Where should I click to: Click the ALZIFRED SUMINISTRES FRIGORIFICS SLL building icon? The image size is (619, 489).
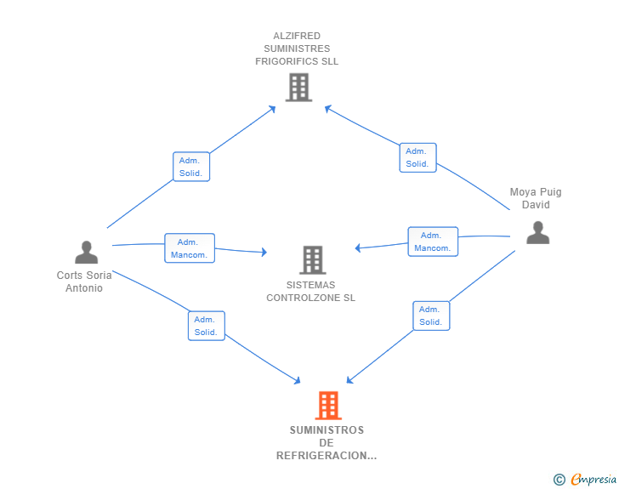(298, 88)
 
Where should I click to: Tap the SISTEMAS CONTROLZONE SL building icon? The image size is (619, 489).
(313, 260)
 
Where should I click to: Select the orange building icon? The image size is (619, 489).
(328, 406)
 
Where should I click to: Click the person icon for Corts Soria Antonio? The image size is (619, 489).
(87, 252)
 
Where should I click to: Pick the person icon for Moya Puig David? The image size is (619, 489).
(537, 233)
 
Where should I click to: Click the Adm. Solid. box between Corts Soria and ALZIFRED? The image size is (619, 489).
(191, 167)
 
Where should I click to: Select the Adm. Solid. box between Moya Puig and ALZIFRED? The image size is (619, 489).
(417, 157)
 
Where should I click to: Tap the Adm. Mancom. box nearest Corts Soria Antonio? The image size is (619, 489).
(190, 248)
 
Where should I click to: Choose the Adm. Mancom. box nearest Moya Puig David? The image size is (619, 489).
(433, 242)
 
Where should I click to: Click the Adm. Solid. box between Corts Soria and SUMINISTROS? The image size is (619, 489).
(206, 326)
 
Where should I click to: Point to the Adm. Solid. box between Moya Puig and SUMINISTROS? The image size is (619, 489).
(431, 316)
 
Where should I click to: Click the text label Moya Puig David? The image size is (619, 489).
(536, 198)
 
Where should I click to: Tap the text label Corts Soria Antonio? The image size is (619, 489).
(84, 281)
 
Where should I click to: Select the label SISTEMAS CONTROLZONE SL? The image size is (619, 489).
(310, 292)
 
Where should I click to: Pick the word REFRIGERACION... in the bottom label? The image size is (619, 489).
(327, 456)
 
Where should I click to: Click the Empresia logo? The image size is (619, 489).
(585, 480)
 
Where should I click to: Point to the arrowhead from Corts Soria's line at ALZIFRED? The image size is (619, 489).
(272, 110)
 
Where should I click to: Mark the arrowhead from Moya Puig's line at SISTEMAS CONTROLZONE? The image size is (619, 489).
(358, 247)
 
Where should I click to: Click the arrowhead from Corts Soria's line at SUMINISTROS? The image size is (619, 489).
(297, 380)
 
